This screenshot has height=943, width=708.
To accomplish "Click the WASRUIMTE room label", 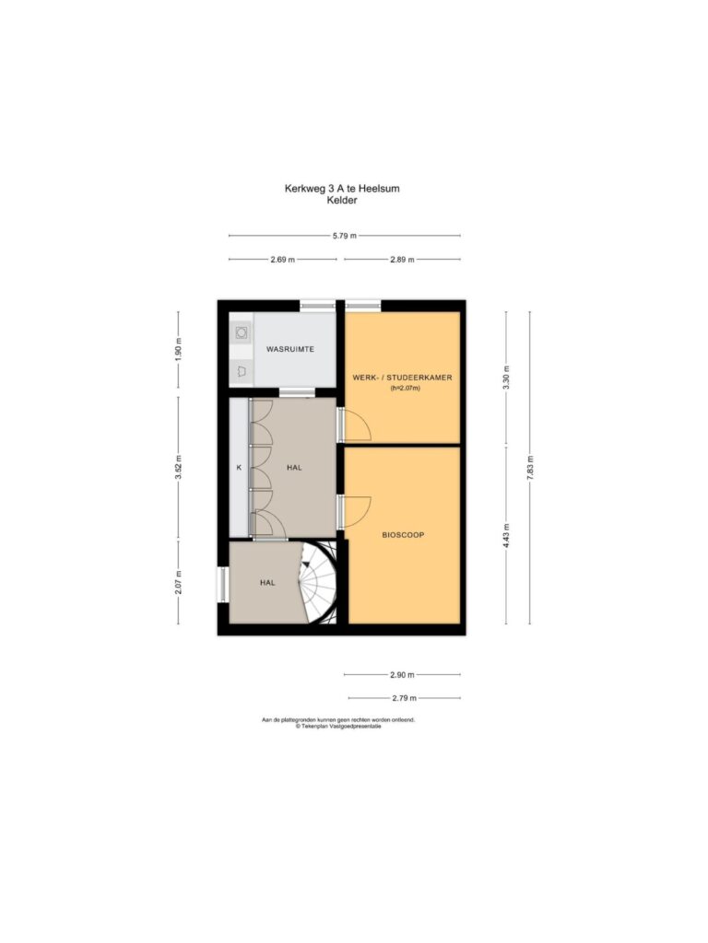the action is [290, 349].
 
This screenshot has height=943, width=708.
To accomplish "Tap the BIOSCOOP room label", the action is [403, 535].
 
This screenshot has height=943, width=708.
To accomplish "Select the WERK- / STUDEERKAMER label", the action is [402, 378].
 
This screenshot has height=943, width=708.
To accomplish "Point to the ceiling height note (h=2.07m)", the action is [406, 389].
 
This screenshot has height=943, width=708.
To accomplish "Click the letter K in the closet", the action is [239, 467].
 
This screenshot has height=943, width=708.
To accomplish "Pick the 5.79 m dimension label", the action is [345, 236].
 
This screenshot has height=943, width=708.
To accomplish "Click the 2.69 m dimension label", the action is [282, 260].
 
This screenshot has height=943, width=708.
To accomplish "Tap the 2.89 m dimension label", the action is [402, 260].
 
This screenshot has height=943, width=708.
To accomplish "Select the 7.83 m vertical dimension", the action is [530, 467].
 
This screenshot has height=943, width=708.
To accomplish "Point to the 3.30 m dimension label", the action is [506, 378].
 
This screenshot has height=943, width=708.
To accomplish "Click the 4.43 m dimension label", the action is [506, 535].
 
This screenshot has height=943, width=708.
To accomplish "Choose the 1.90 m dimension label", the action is [178, 349].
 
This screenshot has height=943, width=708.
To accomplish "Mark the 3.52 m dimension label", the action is [178, 468].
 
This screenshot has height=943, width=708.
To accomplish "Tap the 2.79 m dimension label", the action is [404, 698].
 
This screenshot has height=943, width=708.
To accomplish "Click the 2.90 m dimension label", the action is [402, 675].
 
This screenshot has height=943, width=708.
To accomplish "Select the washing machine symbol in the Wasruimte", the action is [242, 332].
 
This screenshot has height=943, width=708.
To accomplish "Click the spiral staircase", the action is [320, 582].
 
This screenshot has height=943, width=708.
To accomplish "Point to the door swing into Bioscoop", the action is [357, 512].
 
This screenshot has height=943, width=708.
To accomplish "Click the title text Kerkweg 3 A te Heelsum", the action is [342, 188].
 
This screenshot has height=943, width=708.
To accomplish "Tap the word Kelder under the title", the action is [342, 200].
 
